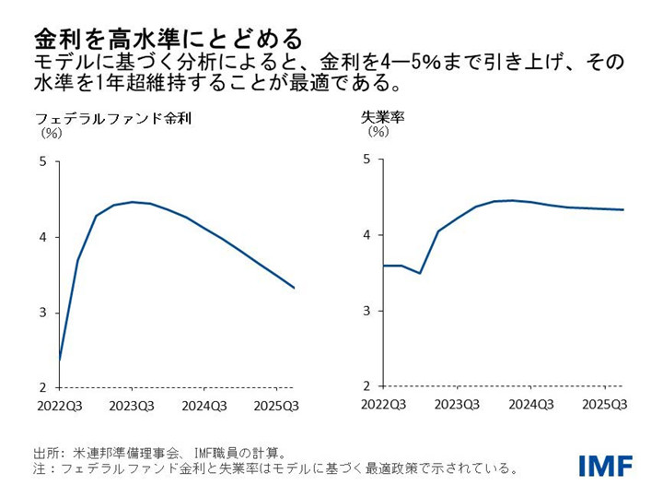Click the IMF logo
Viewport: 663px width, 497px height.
(x=605, y=466)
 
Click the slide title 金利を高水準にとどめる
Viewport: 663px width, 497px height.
(x=168, y=39)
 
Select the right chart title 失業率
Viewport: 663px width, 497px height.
(x=383, y=117)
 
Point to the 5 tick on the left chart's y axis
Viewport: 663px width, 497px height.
(x=42, y=161)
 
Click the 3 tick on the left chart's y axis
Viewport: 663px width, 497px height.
(x=42, y=313)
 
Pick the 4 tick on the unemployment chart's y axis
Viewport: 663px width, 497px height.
(x=366, y=235)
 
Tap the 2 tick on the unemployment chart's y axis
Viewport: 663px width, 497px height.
(x=366, y=385)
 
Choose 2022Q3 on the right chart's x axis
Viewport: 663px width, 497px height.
(x=382, y=404)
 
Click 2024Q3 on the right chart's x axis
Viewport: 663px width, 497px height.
(x=531, y=404)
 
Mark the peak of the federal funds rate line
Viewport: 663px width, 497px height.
(x=132, y=202)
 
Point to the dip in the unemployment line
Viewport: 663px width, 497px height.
(x=419, y=273)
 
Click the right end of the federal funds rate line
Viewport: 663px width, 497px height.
(x=294, y=288)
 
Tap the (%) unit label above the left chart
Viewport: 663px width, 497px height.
(x=51, y=133)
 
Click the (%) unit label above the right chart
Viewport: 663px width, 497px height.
(x=378, y=132)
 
